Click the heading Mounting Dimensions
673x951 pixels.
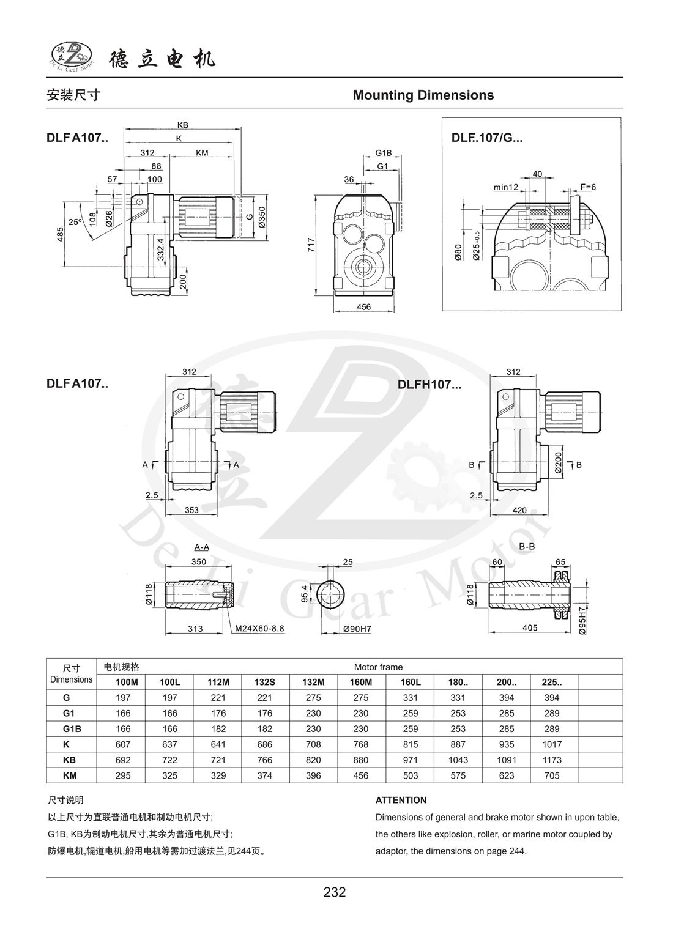point(423,95)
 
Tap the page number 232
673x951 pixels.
point(335,892)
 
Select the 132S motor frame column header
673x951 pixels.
point(265,682)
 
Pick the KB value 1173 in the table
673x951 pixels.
point(552,760)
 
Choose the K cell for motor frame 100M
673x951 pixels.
point(122,744)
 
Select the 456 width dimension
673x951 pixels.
point(363,307)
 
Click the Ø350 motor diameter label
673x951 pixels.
point(262,217)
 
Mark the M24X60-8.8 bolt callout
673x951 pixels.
point(259,628)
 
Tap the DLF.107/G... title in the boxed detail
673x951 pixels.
point(487,138)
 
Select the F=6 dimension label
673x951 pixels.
point(587,187)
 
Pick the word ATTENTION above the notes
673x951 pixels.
point(401,800)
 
